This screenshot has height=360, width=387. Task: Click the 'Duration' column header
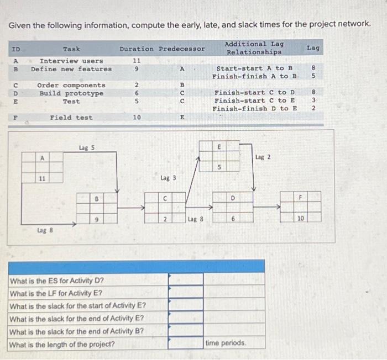pyautogui.click(x=137, y=49)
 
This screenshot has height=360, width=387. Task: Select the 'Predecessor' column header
pyautogui.click(x=182, y=49)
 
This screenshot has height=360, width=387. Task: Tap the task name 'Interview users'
pyautogui.click(x=71, y=61)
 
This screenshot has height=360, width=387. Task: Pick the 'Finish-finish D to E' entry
pyautogui.click(x=255, y=108)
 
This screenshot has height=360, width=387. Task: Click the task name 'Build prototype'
pyautogui.click(x=71, y=93)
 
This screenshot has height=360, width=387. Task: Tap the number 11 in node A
pyautogui.click(x=42, y=178)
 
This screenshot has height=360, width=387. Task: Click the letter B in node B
pyautogui.click(x=97, y=198)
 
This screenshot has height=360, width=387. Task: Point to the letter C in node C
pyautogui.click(x=165, y=198)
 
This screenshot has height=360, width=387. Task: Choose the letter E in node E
pyautogui.click(x=220, y=147)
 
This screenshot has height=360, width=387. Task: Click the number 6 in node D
pyautogui.click(x=233, y=219)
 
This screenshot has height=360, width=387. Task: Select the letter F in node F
pyautogui.click(x=301, y=198)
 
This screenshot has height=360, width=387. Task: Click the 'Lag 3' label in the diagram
pyautogui.click(x=168, y=178)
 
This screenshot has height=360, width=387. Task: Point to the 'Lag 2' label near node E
pyautogui.click(x=263, y=157)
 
